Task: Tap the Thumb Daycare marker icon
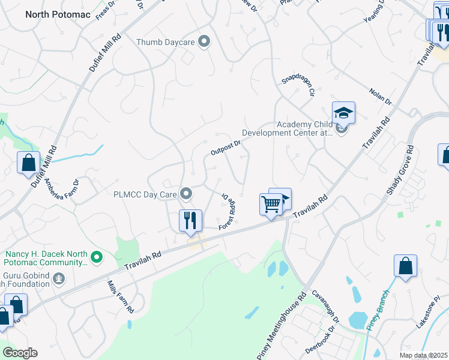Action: [205, 41]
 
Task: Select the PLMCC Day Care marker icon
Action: [187, 194]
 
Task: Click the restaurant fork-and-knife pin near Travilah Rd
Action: [190, 220]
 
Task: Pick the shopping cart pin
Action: [271, 205]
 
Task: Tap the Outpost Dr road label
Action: [226, 148]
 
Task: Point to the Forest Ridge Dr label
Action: [226, 210]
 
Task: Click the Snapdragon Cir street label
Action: [298, 86]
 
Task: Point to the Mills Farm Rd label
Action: [120, 297]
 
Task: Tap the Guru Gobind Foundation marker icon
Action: [59, 278]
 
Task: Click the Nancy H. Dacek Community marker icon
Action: [95, 258]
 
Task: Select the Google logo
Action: [20, 352]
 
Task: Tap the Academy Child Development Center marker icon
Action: [342, 128]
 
